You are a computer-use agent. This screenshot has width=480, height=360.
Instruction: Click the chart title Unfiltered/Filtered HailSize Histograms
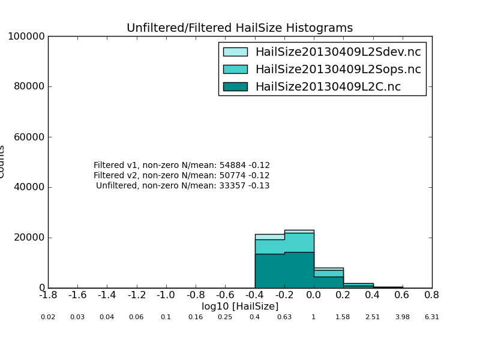239,28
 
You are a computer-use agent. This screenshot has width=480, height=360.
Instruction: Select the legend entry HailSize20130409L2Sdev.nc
338,52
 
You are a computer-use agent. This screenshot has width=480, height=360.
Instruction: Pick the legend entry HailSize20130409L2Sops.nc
338,70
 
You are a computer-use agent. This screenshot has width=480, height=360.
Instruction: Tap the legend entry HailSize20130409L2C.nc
328,87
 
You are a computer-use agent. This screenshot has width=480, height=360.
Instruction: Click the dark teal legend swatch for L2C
235,87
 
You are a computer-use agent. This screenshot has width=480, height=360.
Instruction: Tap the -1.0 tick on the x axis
166,295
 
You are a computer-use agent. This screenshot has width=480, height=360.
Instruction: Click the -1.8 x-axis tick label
48,295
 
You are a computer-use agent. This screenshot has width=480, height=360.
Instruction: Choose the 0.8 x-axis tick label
432,295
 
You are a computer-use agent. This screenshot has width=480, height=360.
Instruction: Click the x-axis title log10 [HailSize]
240,307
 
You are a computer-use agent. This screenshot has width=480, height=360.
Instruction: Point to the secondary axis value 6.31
432,317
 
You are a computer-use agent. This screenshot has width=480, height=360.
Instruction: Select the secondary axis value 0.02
48,317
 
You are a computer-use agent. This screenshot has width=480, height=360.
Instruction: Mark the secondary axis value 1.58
343,317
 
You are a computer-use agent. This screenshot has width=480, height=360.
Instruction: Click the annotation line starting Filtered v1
182,166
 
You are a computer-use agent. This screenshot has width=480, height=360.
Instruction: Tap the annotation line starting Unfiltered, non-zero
183,186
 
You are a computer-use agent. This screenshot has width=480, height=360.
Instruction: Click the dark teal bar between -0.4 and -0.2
269,271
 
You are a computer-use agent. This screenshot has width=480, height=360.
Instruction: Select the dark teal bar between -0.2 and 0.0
299,270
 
